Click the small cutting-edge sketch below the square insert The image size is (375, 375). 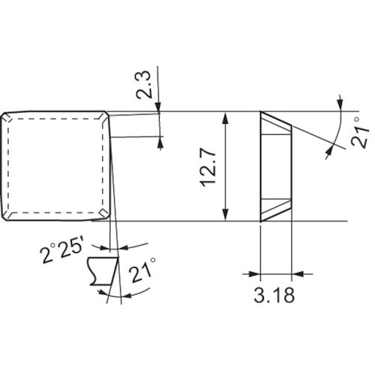[x=103, y=271]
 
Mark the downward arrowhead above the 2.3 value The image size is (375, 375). [x=160, y=108]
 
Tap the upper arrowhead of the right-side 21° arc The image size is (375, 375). [x=340, y=100]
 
